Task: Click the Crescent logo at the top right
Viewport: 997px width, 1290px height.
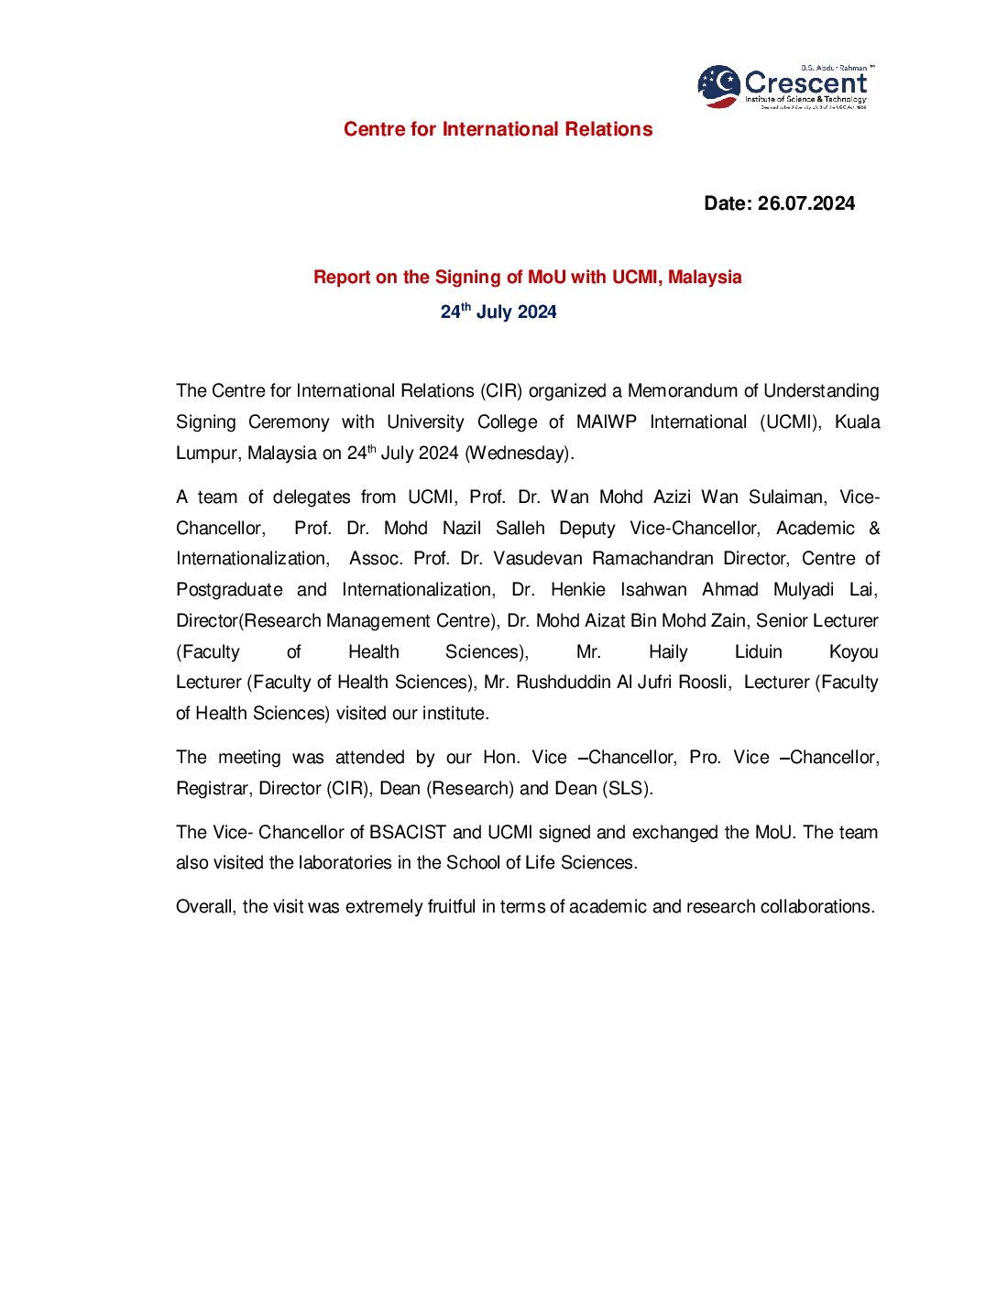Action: (x=784, y=87)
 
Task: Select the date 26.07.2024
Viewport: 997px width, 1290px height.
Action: (x=805, y=203)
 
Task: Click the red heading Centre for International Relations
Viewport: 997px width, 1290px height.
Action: (x=498, y=129)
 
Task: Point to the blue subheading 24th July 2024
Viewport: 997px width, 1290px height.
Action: (x=498, y=312)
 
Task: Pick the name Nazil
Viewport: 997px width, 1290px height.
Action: (x=462, y=529)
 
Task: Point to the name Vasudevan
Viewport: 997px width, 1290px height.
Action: (x=537, y=559)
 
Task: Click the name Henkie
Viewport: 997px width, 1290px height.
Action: (x=577, y=590)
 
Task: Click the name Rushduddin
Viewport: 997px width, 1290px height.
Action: (x=561, y=683)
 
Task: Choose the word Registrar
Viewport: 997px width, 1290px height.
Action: (x=212, y=789)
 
